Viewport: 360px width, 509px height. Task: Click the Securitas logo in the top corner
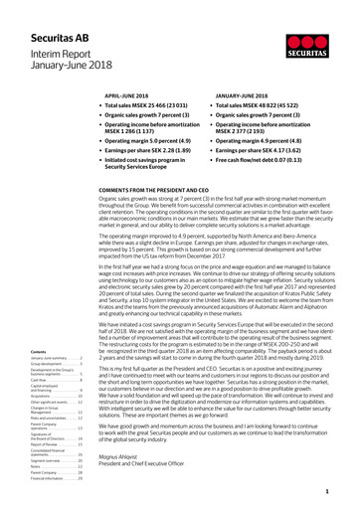click(319, 36)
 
